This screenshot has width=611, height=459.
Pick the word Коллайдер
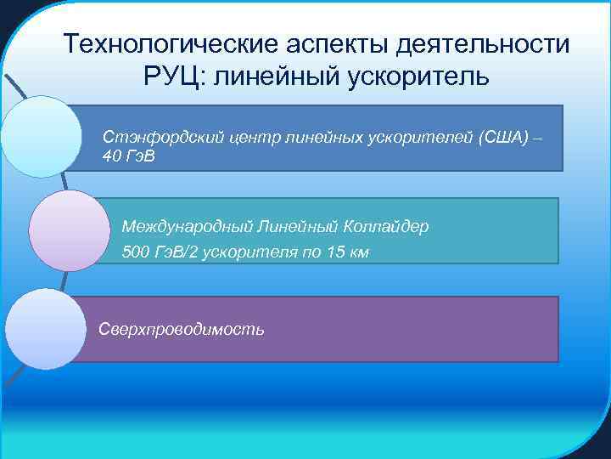click(387, 227)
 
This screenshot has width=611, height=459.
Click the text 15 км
click(348, 253)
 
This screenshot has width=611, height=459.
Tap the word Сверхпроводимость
click(181, 329)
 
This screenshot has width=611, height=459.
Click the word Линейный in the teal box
click(293, 227)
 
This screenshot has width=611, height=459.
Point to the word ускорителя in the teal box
click(259, 253)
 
